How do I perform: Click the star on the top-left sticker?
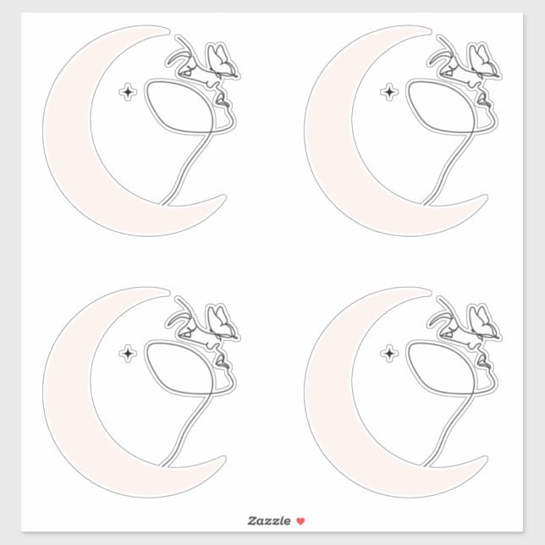(x=128, y=91)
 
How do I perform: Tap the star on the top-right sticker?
(x=389, y=91)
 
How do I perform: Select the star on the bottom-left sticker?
(x=128, y=353)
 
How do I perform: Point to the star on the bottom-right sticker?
(x=389, y=353)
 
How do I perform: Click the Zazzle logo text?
(x=268, y=520)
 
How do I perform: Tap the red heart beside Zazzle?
(x=300, y=520)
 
